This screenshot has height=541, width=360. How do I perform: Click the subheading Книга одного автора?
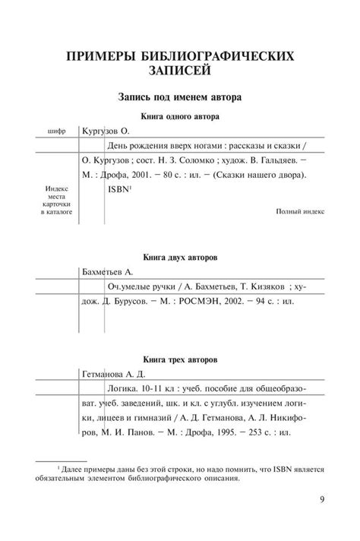pos(180,117)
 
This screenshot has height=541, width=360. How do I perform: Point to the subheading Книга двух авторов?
pos(180,258)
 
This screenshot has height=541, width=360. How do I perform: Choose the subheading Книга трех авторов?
pos(180,358)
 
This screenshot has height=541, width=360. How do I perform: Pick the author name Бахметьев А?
pos(107,271)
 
